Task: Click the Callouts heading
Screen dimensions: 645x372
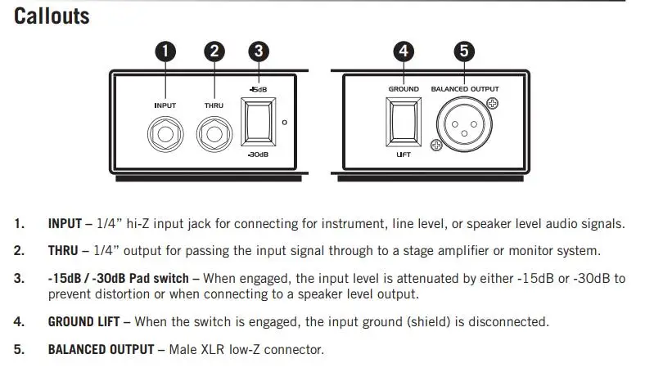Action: coord(52,16)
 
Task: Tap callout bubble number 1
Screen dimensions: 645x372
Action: coord(165,52)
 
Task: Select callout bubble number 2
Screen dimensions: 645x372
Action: coord(214,52)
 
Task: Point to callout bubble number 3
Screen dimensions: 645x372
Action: coord(259,52)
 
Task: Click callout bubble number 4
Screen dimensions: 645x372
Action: coord(404,52)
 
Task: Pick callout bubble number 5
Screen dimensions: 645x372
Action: coord(464,52)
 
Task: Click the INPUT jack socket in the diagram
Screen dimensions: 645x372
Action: coord(165,134)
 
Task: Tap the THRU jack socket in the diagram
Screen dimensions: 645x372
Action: coord(214,134)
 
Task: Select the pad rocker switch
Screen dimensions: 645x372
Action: coord(259,122)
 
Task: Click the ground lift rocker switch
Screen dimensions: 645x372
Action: coord(404,122)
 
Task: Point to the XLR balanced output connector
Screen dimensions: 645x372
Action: coord(464,124)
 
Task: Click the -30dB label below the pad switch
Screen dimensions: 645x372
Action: coord(259,155)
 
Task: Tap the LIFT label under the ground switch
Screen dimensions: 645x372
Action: coord(404,155)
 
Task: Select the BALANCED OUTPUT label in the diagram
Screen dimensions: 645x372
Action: coord(465,89)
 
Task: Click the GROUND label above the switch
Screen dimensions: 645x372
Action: coord(404,89)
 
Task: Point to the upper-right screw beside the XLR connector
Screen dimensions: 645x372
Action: coord(493,103)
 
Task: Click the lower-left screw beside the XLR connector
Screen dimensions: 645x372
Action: coord(436,145)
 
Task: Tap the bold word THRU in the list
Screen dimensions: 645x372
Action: coord(63,251)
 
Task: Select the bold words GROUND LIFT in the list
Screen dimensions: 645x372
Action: coord(84,321)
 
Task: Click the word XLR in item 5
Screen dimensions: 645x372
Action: coord(213,349)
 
